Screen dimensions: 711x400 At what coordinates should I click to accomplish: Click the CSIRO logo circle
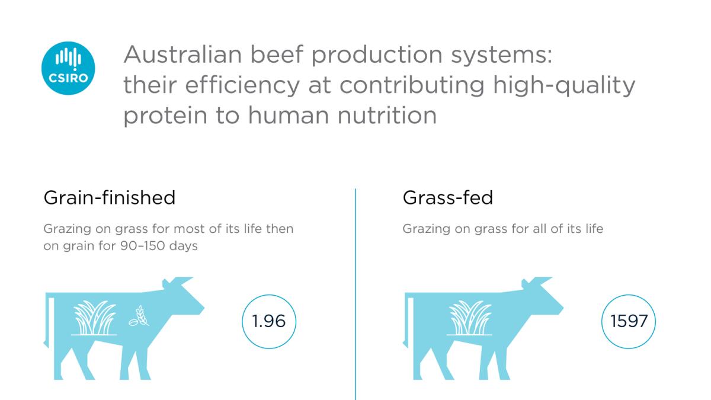click(x=68, y=68)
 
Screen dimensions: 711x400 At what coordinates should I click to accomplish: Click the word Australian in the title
click(x=183, y=55)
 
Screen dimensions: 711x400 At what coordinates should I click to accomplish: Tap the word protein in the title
click(x=165, y=116)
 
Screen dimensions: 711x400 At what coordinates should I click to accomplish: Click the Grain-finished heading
click(x=110, y=198)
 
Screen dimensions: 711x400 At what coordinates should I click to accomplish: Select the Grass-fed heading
click(x=448, y=198)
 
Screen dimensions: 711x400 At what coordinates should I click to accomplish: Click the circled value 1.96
click(x=269, y=321)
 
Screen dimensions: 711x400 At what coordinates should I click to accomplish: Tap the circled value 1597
click(x=629, y=321)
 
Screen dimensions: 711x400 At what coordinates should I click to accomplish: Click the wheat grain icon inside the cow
click(x=139, y=316)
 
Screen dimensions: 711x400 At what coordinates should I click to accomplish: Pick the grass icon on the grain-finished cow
click(x=94, y=318)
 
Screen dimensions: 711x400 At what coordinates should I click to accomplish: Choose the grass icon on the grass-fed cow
click(x=470, y=318)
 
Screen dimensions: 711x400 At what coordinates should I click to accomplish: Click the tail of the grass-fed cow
click(x=408, y=321)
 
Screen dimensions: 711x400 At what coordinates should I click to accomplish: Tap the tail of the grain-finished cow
click(x=49, y=321)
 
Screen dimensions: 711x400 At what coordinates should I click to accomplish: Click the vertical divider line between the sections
click(x=355, y=295)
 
